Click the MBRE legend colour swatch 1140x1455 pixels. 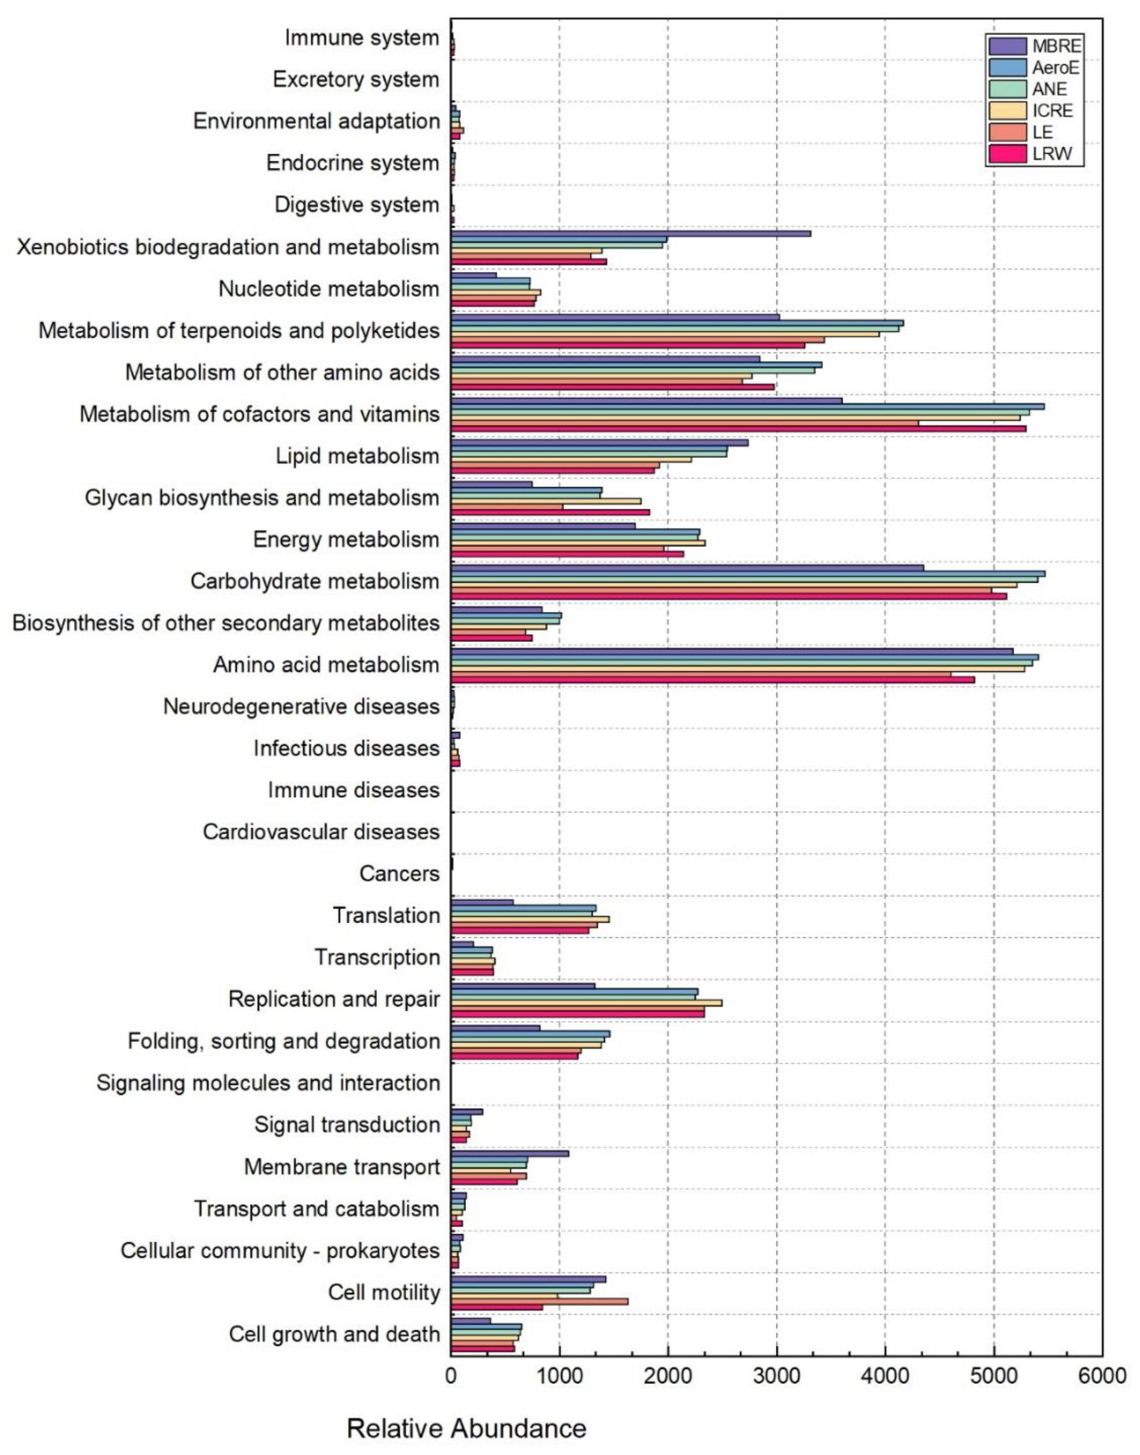click(1007, 46)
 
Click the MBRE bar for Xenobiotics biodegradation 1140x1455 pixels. click(631, 233)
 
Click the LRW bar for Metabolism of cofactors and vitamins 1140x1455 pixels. click(738, 428)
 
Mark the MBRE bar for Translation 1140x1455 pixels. click(482, 902)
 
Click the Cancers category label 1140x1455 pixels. click(399, 873)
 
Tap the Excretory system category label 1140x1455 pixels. click(356, 79)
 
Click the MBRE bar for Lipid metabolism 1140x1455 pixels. click(599, 443)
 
